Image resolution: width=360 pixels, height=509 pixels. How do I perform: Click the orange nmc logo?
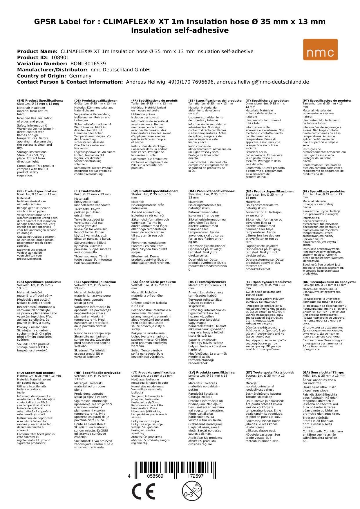(x=320, y=50)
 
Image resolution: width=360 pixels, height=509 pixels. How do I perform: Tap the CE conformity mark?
(x=143, y=491)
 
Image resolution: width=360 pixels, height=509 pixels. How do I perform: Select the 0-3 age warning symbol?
(x=191, y=491)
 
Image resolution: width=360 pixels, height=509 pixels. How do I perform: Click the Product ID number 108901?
(x=60, y=57)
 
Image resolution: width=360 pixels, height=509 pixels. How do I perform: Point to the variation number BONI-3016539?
(x=88, y=64)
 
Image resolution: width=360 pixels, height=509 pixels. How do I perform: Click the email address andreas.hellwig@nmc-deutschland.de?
(x=263, y=82)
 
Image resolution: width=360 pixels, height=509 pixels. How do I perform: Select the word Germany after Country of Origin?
(x=80, y=76)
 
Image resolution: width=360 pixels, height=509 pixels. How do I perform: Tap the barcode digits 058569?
(x=155, y=476)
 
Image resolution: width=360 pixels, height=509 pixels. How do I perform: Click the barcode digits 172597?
(x=195, y=476)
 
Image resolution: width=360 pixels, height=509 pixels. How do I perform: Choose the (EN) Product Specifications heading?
(x=40, y=101)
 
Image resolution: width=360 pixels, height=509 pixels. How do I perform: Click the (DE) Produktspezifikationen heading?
(x=96, y=101)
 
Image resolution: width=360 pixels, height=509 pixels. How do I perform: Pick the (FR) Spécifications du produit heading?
(x=155, y=101)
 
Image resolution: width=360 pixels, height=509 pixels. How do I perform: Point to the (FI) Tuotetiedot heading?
(x=88, y=191)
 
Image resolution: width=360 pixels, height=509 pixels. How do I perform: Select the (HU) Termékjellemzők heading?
(x=207, y=282)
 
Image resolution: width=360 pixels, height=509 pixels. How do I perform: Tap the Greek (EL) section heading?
(x=269, y=282)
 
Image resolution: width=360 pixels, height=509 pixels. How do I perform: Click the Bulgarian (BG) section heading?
(x=329, y=282)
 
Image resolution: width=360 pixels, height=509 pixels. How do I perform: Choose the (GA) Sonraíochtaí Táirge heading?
(x=323, y=372)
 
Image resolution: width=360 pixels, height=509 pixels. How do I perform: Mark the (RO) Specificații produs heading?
(x=36, y=373)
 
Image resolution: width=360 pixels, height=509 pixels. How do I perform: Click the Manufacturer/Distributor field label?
(x=52, y=70)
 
